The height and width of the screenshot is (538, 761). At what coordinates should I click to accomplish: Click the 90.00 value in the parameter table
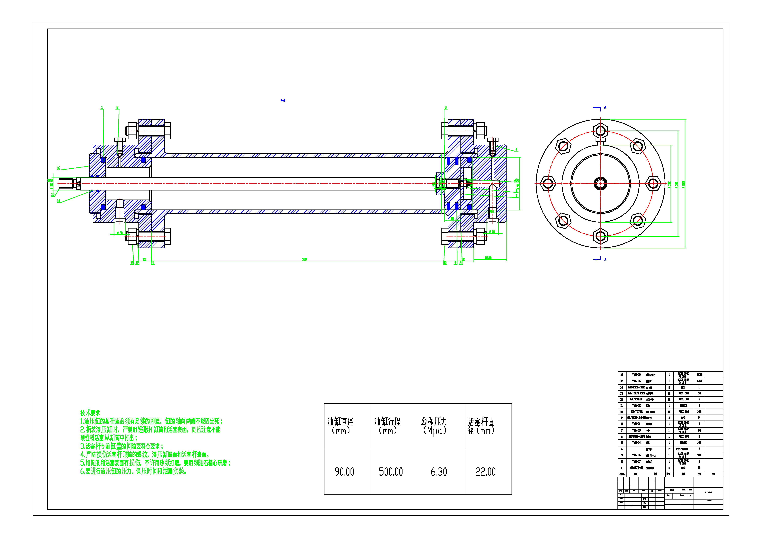pyautogui.click(x=344, y=472)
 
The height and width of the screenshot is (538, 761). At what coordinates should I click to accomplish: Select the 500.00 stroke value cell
pyautogui.click(x=391, y=472)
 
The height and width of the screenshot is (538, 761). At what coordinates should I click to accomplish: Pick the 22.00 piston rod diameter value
pyautogui.click(x=485, y=472)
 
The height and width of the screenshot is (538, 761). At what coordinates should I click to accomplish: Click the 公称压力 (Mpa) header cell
pyautogui.click(x=434, y=426)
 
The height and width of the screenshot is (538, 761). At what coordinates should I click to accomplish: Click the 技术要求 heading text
pyautogui.click(x=90, y=413)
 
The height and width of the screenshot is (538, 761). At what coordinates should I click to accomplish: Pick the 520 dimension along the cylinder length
pyautogui.click(x=304, y=259)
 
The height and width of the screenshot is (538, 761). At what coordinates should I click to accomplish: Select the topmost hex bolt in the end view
pyautogui.click(x=601, y=130)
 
